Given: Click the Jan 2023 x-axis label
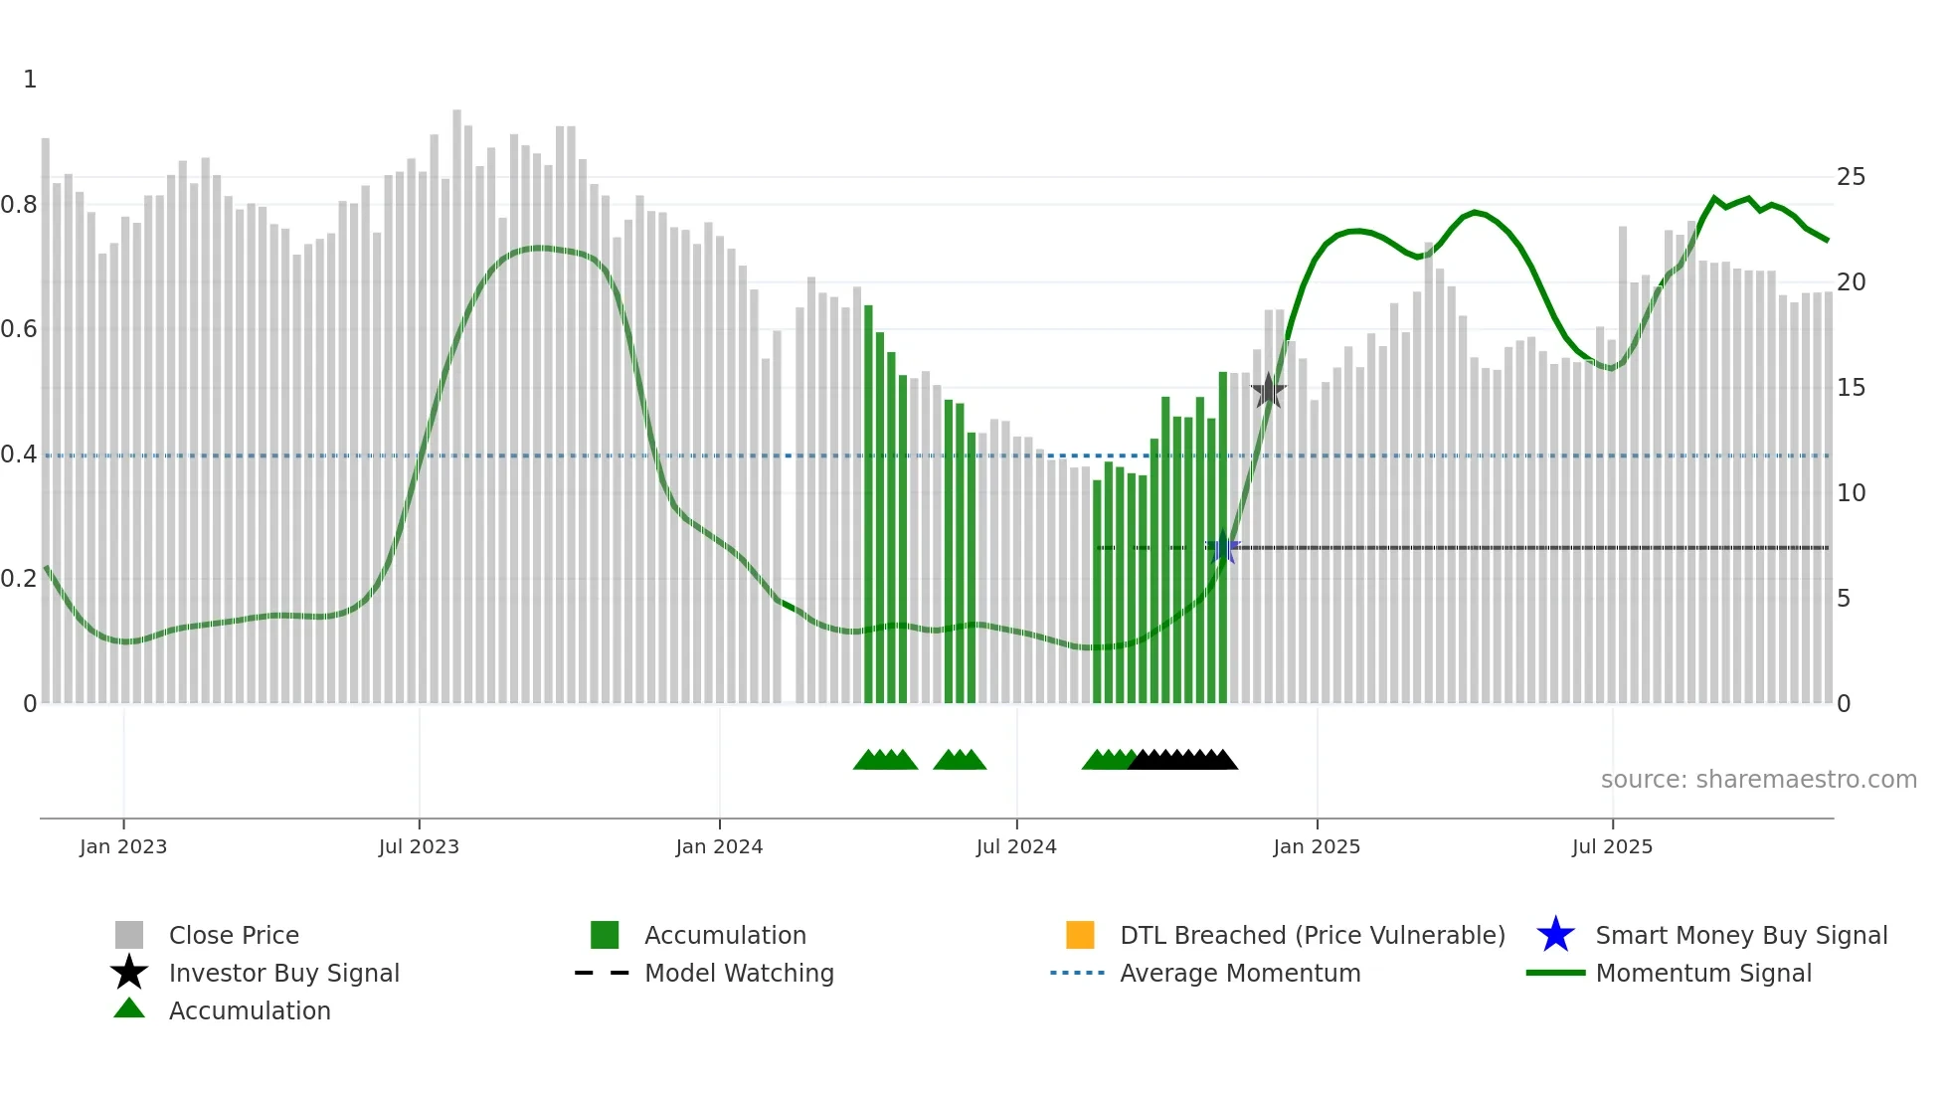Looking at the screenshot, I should point(123,846).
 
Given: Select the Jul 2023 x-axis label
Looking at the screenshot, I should point(419,846).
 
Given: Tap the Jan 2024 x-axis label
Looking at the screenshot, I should point(719,846).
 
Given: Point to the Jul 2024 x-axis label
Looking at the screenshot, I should point(1016,846).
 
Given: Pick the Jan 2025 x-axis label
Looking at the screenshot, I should point(1317,846).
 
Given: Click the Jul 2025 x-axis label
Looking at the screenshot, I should point(1612,846).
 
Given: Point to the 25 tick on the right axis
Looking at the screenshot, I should point(1851,177).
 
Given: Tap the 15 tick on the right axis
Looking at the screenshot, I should point(1851,388).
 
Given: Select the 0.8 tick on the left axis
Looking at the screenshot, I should point(19,205).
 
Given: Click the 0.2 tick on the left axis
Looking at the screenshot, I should point(19,579).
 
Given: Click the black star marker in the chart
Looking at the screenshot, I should point(1268,391).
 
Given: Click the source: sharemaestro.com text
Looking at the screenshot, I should point(1758,780).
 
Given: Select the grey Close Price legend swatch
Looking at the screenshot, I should point(129,935).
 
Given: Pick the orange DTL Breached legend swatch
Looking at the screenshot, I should point(1080,935).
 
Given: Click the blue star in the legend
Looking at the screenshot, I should point(1555,935).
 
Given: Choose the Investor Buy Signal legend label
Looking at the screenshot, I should point(284,973).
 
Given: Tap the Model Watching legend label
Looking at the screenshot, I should point(739,973).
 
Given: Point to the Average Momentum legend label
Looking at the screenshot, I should point(1240,973).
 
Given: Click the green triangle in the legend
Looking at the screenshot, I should point(129,1009).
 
